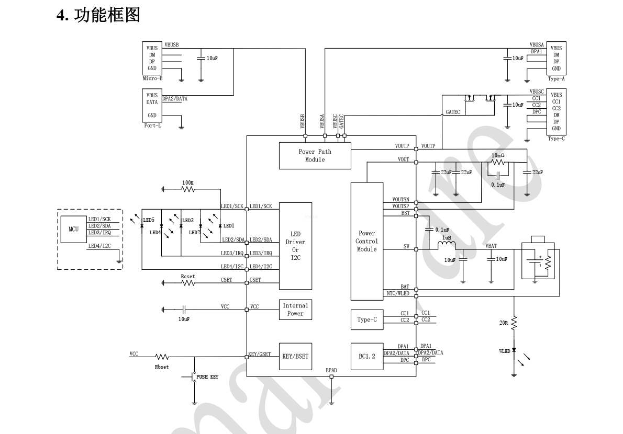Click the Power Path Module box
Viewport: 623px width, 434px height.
pos(315,155)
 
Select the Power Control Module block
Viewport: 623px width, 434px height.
pos(366,241)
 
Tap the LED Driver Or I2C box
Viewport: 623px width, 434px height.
pos(295,246)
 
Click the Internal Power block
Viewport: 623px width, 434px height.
pos(295,310)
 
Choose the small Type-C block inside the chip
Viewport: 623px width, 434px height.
pos(366,319)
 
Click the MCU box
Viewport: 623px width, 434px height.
pos(73,229)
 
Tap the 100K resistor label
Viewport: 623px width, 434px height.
pos(188,182)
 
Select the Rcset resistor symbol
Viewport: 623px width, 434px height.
pos(188,283)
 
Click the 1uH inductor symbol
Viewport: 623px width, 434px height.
pos(447,246)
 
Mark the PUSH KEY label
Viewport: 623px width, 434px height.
pos(207,376)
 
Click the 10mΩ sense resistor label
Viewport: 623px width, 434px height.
pos(498,155)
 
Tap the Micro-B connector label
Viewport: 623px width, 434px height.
pos(152,78)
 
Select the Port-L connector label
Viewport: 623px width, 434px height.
pos(152,125)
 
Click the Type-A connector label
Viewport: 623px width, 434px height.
pos(556,78)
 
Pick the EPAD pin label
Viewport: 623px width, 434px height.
pos(331,370)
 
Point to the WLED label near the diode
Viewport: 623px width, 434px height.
pos(504,351)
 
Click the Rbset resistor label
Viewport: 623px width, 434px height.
pos(162,367)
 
